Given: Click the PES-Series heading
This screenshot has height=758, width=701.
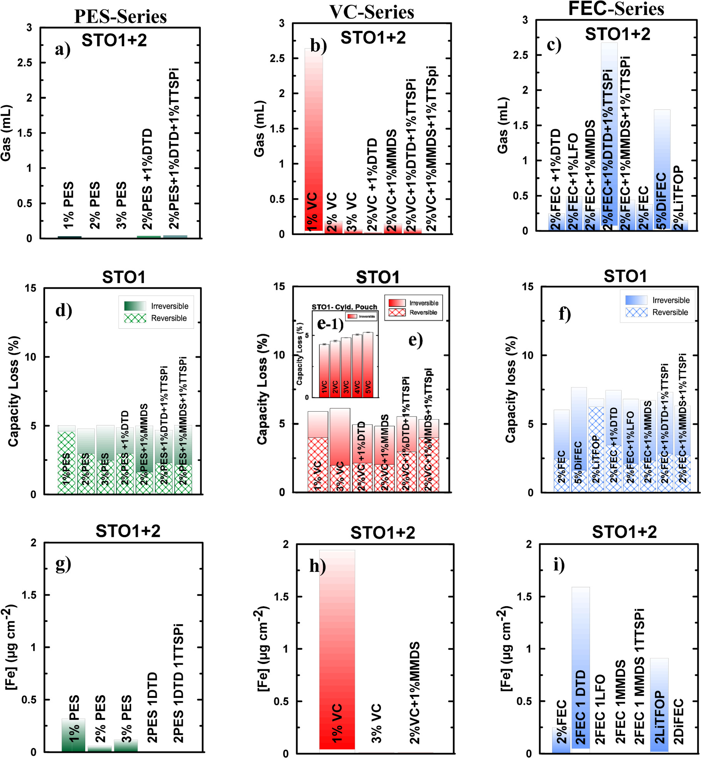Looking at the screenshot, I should (120, 17).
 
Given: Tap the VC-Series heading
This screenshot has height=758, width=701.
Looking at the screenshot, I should (372, 12).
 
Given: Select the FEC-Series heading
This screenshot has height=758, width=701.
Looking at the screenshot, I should (616, 8).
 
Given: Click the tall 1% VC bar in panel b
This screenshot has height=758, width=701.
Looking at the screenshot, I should (313, 139).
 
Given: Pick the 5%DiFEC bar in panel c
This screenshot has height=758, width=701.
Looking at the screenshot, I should (662, 170).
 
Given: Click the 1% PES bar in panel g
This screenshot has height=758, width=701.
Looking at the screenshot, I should (73, 734).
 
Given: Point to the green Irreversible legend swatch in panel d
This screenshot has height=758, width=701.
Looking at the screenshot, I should (135, 306).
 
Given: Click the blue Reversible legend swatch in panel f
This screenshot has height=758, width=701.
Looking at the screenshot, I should (636, 312).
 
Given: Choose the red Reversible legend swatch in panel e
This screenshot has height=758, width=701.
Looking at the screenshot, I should (397, 312).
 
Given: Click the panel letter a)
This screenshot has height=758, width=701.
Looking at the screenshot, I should (62, 49).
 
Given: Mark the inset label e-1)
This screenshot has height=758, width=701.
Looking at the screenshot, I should (330, 324).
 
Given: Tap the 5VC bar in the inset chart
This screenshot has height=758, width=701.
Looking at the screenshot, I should (368, 365).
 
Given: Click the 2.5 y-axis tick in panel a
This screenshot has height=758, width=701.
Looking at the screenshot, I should (25, 62).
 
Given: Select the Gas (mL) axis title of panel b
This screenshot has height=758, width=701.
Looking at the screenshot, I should (260, 129).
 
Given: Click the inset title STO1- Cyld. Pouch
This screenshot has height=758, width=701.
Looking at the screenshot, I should (344, 307).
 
